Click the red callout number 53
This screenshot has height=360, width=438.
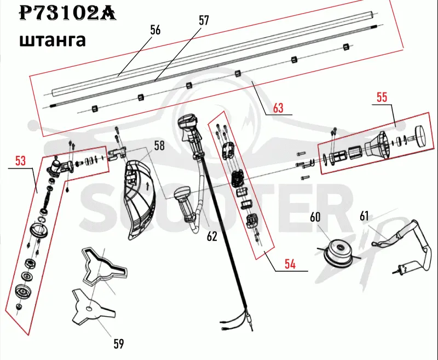[x=20, y=161]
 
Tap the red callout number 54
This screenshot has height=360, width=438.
[x=290, y=264]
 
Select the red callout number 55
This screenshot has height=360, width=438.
[x=382, y=97]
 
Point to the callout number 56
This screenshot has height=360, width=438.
[x=155, y=30]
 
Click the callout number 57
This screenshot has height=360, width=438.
[x=204, y=20]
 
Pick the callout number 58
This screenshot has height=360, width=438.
[x=159, y=146]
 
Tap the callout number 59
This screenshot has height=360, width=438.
[x=119, y=344]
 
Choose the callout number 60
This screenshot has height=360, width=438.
[x=315, y=217]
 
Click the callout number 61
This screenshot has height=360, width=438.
[x=364, y=216]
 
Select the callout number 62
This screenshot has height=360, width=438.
[x=212, y=236]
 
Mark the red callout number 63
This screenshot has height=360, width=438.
[x=278, y=108]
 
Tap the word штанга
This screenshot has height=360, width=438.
[x=52, y=40]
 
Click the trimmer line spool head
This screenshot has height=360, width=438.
[x=339, y=253]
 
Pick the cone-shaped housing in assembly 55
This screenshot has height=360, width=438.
[x=377, y=146]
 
